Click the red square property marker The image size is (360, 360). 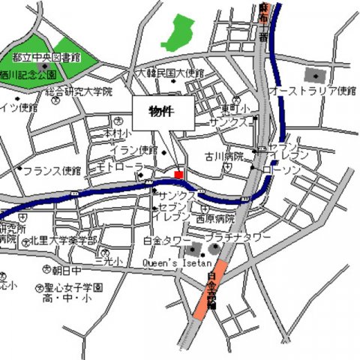(178, 175)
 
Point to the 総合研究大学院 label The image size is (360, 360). (79, 91)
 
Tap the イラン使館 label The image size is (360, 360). (135, 149)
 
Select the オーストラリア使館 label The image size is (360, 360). (312, 91)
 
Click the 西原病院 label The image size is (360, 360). (215, 220)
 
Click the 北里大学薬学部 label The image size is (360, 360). (64, 241)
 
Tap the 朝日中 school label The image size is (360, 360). (65, 270)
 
